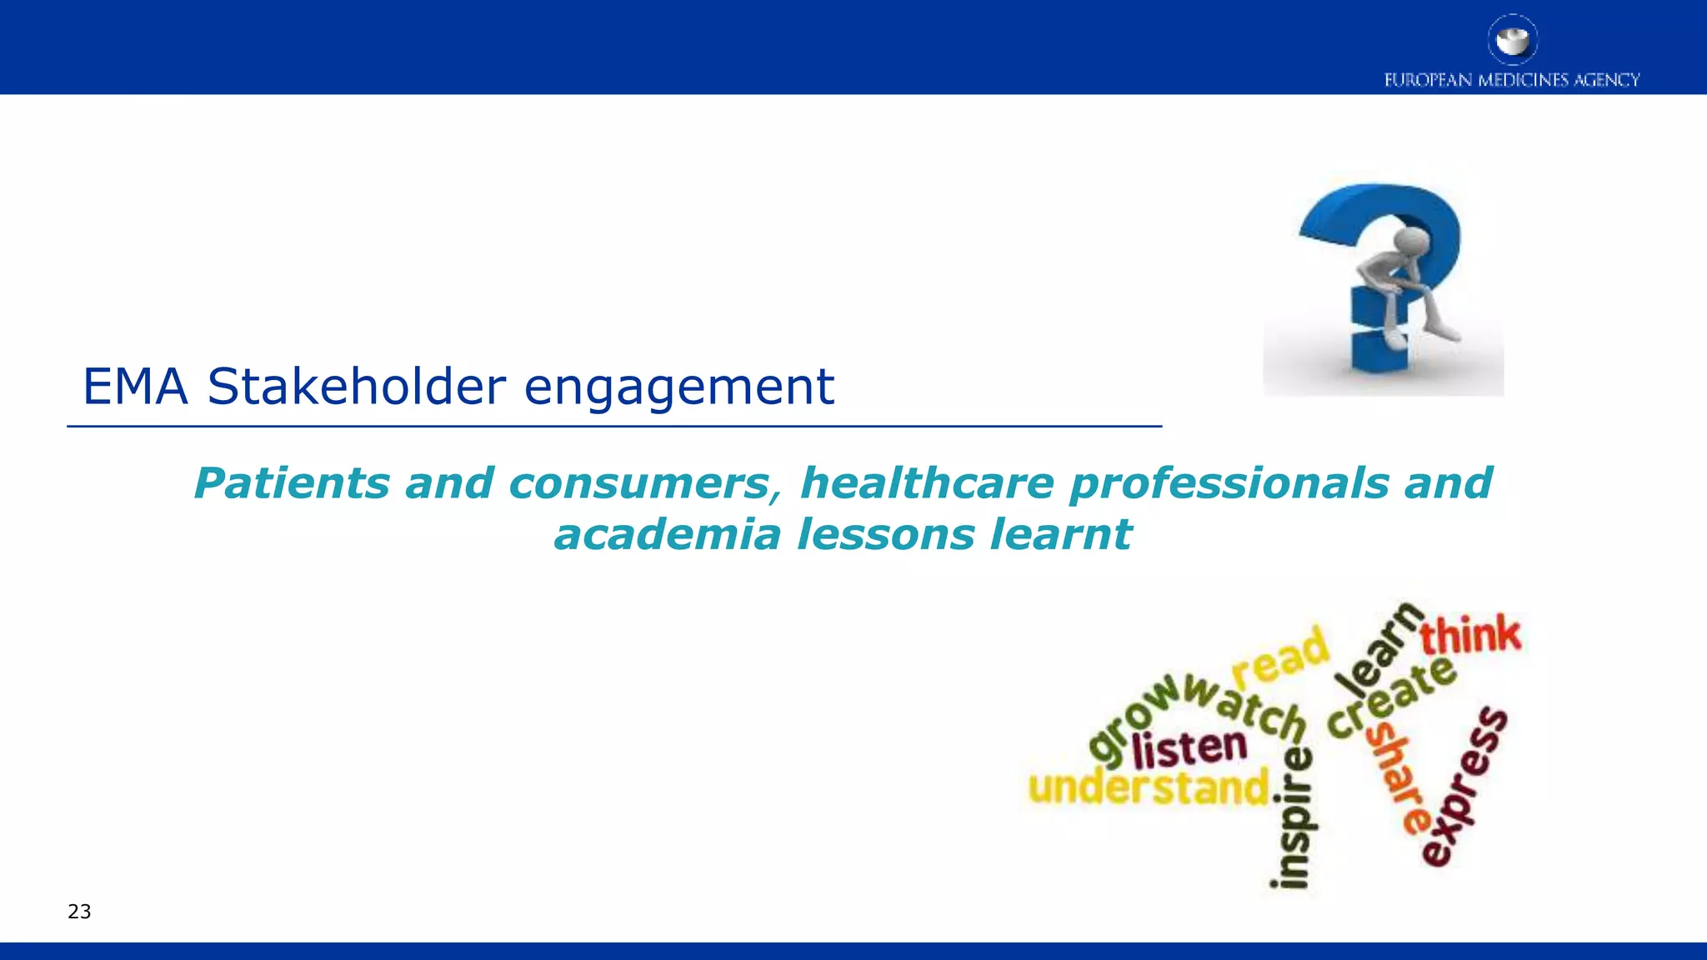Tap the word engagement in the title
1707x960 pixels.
click(678, 389)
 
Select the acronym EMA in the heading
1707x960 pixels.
click(135, 387)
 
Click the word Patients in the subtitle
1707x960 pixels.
click(291, 483)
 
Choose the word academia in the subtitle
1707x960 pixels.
click(667, 534)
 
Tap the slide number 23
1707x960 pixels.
click(79, 912)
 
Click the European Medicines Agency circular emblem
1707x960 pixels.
click(1512, 39)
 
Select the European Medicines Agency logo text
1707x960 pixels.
click(1512, 80)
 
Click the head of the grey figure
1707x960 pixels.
click(1411, 241)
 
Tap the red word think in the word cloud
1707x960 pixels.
click(1470, 636)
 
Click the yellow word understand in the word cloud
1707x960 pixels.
click(1149, 787)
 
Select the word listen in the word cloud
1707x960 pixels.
click(1189, 747)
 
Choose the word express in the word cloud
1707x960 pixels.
click(1464, 787)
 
